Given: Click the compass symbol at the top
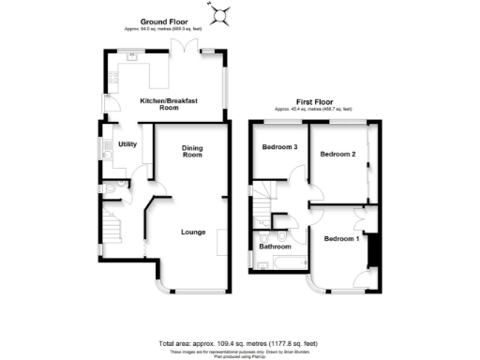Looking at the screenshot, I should pyautogui.click(x=222, y=13).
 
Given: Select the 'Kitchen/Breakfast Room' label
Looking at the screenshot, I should pyautogui.click(x=159, y=104).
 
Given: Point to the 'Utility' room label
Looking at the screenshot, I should pyautogui.click(x=127, y=143).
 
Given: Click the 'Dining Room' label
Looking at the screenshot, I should pyautogui.click(x=192, y=151).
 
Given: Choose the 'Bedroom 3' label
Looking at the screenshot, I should pyautogui.click(x=279, y=147).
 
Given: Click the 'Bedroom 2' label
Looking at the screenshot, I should pyautogui.click(x=337, y=154).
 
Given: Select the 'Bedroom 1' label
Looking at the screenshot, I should pyautogui.click(x=341, y=239).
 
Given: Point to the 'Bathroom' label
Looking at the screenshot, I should pyautogui.click(x=275, y=247).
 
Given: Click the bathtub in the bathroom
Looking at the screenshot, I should pyautogui.click(x=275, y=264).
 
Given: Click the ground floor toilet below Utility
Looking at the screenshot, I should pyautogui.click(x=110, y=189).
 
